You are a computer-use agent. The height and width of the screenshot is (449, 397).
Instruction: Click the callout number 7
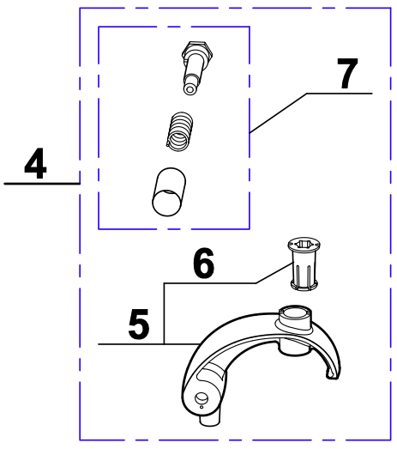point(347,73)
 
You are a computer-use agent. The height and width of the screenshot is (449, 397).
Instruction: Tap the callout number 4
point(35,163)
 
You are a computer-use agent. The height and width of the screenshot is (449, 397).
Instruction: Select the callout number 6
point(203,263)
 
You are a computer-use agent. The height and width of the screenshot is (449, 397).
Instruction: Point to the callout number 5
point(139,325)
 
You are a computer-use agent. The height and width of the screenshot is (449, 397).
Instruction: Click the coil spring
point(179,131)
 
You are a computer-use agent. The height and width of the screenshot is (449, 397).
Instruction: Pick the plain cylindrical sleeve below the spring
point(169,191)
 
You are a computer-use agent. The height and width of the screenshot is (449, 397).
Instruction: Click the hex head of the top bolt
point(197,50)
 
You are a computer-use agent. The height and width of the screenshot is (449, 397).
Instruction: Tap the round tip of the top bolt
point(189,89)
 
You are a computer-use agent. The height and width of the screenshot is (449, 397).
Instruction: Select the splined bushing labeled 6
point(304,264)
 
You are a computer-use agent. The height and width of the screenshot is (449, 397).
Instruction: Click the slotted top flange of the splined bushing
point(304,245)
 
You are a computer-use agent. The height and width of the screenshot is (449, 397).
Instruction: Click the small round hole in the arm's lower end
point(202,398)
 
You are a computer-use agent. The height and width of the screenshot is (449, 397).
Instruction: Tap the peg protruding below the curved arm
point(210,419)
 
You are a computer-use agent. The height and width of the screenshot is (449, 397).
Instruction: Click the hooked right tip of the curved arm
point(333,373)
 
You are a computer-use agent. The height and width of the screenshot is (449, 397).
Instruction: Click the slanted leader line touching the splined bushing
point(275,273)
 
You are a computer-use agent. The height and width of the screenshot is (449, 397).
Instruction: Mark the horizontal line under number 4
point(42,184)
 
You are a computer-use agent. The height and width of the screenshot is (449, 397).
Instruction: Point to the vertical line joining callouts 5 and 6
point(164,313)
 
